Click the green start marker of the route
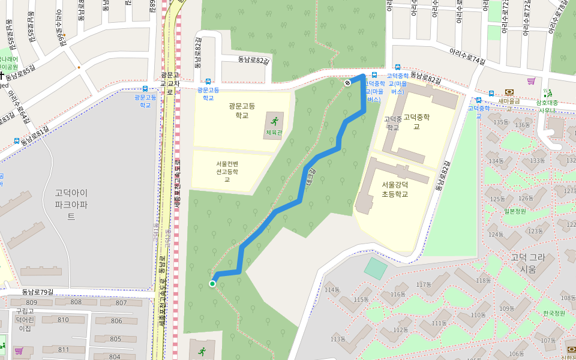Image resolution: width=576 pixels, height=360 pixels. click(x=212, y=284)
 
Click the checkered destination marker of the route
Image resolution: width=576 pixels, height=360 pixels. click(x=348, y=83)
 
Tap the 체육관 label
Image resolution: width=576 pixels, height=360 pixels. click(x=274, y=131)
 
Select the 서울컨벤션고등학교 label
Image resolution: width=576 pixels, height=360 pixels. click(x=227, y=171)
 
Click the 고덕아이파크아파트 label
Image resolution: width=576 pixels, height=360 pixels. click(x=71, y=205)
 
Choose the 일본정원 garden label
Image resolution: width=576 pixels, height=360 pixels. click(x=515, y=211)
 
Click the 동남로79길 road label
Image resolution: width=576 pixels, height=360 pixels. click(x=37, y=292)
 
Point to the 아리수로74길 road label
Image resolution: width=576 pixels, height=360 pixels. click(x=467, y=56)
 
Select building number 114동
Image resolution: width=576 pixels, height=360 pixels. click(x=331, y=290)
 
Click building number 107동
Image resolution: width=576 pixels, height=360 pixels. click(x=548, y=341)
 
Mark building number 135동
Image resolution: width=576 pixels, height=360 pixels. click(x=500, y=122)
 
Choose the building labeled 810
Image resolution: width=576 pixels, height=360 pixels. click(x=63, y=320)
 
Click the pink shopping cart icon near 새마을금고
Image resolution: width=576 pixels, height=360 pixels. click(x=530, y=81)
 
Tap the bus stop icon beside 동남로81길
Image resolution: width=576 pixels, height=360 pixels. click(x=17, y=142)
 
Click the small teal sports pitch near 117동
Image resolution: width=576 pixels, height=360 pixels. click(x=376, y=268)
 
